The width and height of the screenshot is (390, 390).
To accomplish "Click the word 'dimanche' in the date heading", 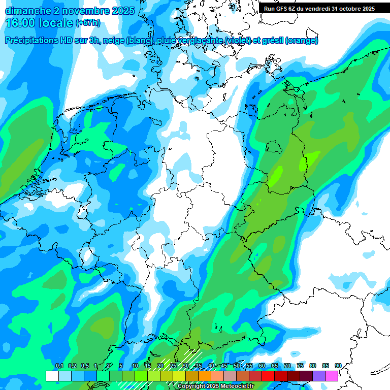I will tap(26, 11).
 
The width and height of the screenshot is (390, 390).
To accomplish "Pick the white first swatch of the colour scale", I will tap(52, 376).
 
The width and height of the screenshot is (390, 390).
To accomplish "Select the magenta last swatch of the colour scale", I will tap(332, 376).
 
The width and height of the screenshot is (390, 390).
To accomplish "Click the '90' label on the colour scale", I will tap(338, 366).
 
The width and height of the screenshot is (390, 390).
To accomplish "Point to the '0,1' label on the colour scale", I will tap(59, 366).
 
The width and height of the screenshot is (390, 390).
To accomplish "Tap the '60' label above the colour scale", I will tap(262, 366).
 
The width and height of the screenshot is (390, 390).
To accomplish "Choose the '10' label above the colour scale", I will tap(135, 366).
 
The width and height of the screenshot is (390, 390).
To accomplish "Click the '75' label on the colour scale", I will tap(300, 366).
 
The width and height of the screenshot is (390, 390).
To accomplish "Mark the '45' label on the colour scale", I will tap(224, 366).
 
